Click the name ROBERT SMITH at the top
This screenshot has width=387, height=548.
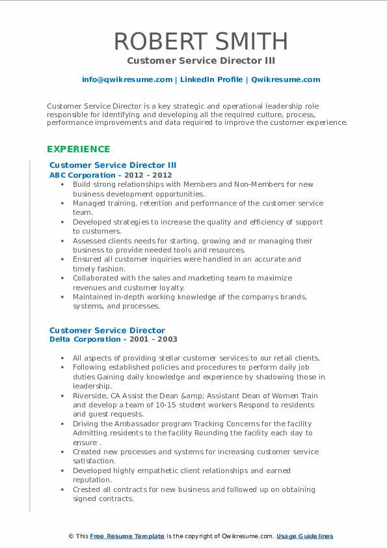click(201, 41)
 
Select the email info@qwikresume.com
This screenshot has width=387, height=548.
click(127, 79)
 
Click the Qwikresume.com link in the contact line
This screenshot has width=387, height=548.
click(286, 79)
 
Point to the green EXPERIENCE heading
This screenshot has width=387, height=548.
click(77, 149)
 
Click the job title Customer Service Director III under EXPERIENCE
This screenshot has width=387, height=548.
click(113, 165)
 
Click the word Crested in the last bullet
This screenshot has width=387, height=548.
click(87, 489)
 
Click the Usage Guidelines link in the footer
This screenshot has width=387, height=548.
click(304, 536)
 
